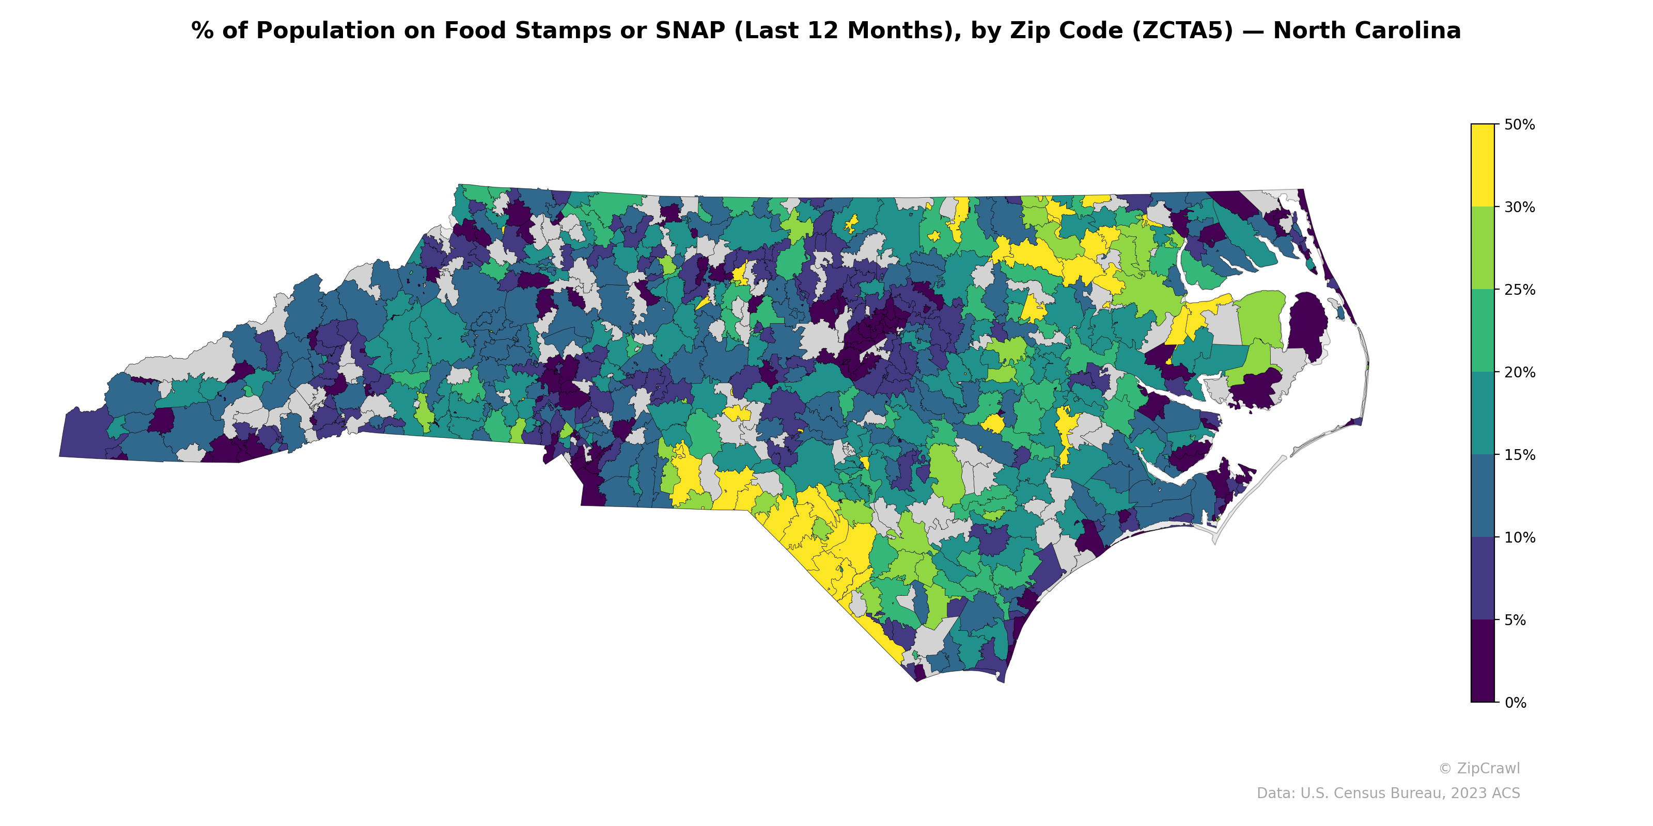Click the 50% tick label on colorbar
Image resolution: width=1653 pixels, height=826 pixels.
(1519, 124)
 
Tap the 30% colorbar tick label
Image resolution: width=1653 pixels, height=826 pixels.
(1519, 207)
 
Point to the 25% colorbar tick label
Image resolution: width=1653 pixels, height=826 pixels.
(1519, 290)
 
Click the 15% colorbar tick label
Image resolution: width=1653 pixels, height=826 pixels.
(1519, 455)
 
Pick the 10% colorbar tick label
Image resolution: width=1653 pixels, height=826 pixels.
(1519, 538)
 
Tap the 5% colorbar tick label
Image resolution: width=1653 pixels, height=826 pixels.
(1515, 620)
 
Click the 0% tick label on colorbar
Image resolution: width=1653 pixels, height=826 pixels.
(1515, 703)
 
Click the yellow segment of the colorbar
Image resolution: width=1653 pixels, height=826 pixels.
(1483, 165)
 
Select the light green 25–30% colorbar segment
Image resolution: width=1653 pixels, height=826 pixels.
(1483, 248)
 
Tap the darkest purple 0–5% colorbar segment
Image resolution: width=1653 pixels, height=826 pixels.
(1483, 661)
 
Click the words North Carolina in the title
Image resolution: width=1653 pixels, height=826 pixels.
(1367, 31)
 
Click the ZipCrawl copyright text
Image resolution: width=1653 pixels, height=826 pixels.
(1479, 768)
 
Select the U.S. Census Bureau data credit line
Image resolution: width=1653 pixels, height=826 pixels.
(1388, 793)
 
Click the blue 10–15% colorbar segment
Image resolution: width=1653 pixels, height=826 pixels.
(1483, 496)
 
